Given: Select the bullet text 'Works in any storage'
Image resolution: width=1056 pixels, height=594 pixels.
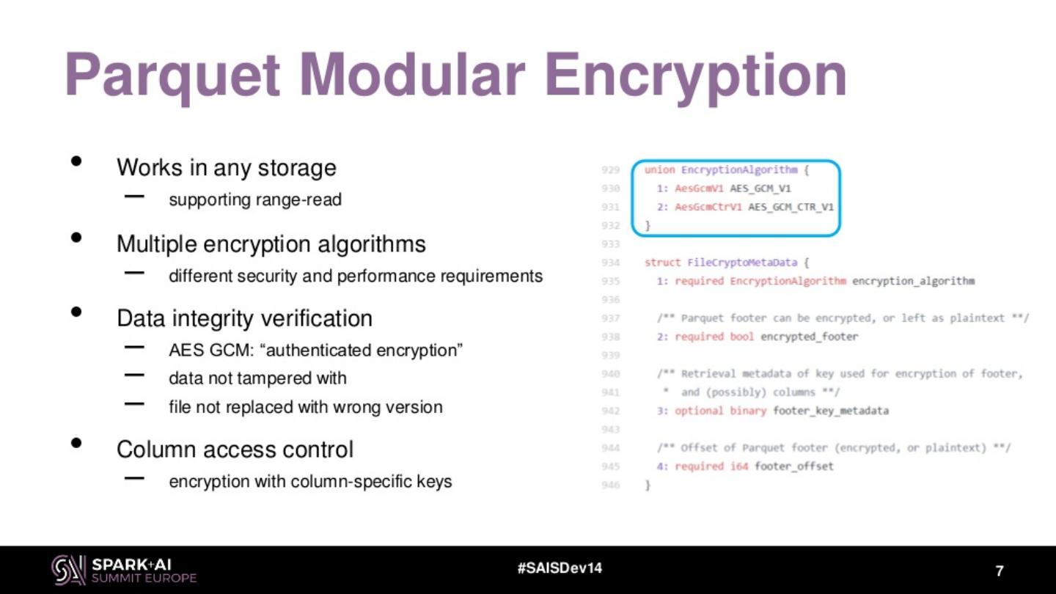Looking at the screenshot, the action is click(226, 167).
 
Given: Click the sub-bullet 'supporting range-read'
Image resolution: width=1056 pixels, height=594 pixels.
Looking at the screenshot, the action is click(254, 199).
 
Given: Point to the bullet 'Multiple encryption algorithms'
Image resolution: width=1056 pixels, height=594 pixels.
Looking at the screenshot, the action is click(271, 243).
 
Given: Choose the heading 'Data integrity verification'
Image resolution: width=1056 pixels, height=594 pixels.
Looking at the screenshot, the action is click(244, 318).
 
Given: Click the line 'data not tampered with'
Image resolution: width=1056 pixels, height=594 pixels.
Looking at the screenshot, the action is click(257, 378).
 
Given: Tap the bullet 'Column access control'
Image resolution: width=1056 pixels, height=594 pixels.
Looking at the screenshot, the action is click(235, 449).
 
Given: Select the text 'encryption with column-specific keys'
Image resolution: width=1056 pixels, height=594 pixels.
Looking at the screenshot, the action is click(310, 482).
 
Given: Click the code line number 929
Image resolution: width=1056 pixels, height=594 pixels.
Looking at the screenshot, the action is click(610, 170).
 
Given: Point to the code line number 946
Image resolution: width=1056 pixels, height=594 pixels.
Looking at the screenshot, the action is click(610, 485).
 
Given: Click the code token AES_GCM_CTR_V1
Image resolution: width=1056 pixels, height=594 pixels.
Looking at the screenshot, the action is click(791, 207).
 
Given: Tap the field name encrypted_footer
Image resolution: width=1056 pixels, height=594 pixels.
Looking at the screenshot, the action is click(809, 337).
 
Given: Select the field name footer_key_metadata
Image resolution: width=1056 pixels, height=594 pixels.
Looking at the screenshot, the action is click(830, 411).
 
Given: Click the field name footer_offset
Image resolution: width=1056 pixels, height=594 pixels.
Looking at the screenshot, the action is click(793, 466).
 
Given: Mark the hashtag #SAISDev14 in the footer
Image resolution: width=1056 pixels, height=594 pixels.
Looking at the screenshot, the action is click(560, 568).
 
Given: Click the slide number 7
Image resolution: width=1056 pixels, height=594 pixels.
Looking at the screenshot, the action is click(999, 571).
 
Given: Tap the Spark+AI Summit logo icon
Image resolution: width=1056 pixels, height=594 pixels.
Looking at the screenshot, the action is click(68, 570).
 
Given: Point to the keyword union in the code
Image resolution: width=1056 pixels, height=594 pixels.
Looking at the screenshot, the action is click(659, 170).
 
